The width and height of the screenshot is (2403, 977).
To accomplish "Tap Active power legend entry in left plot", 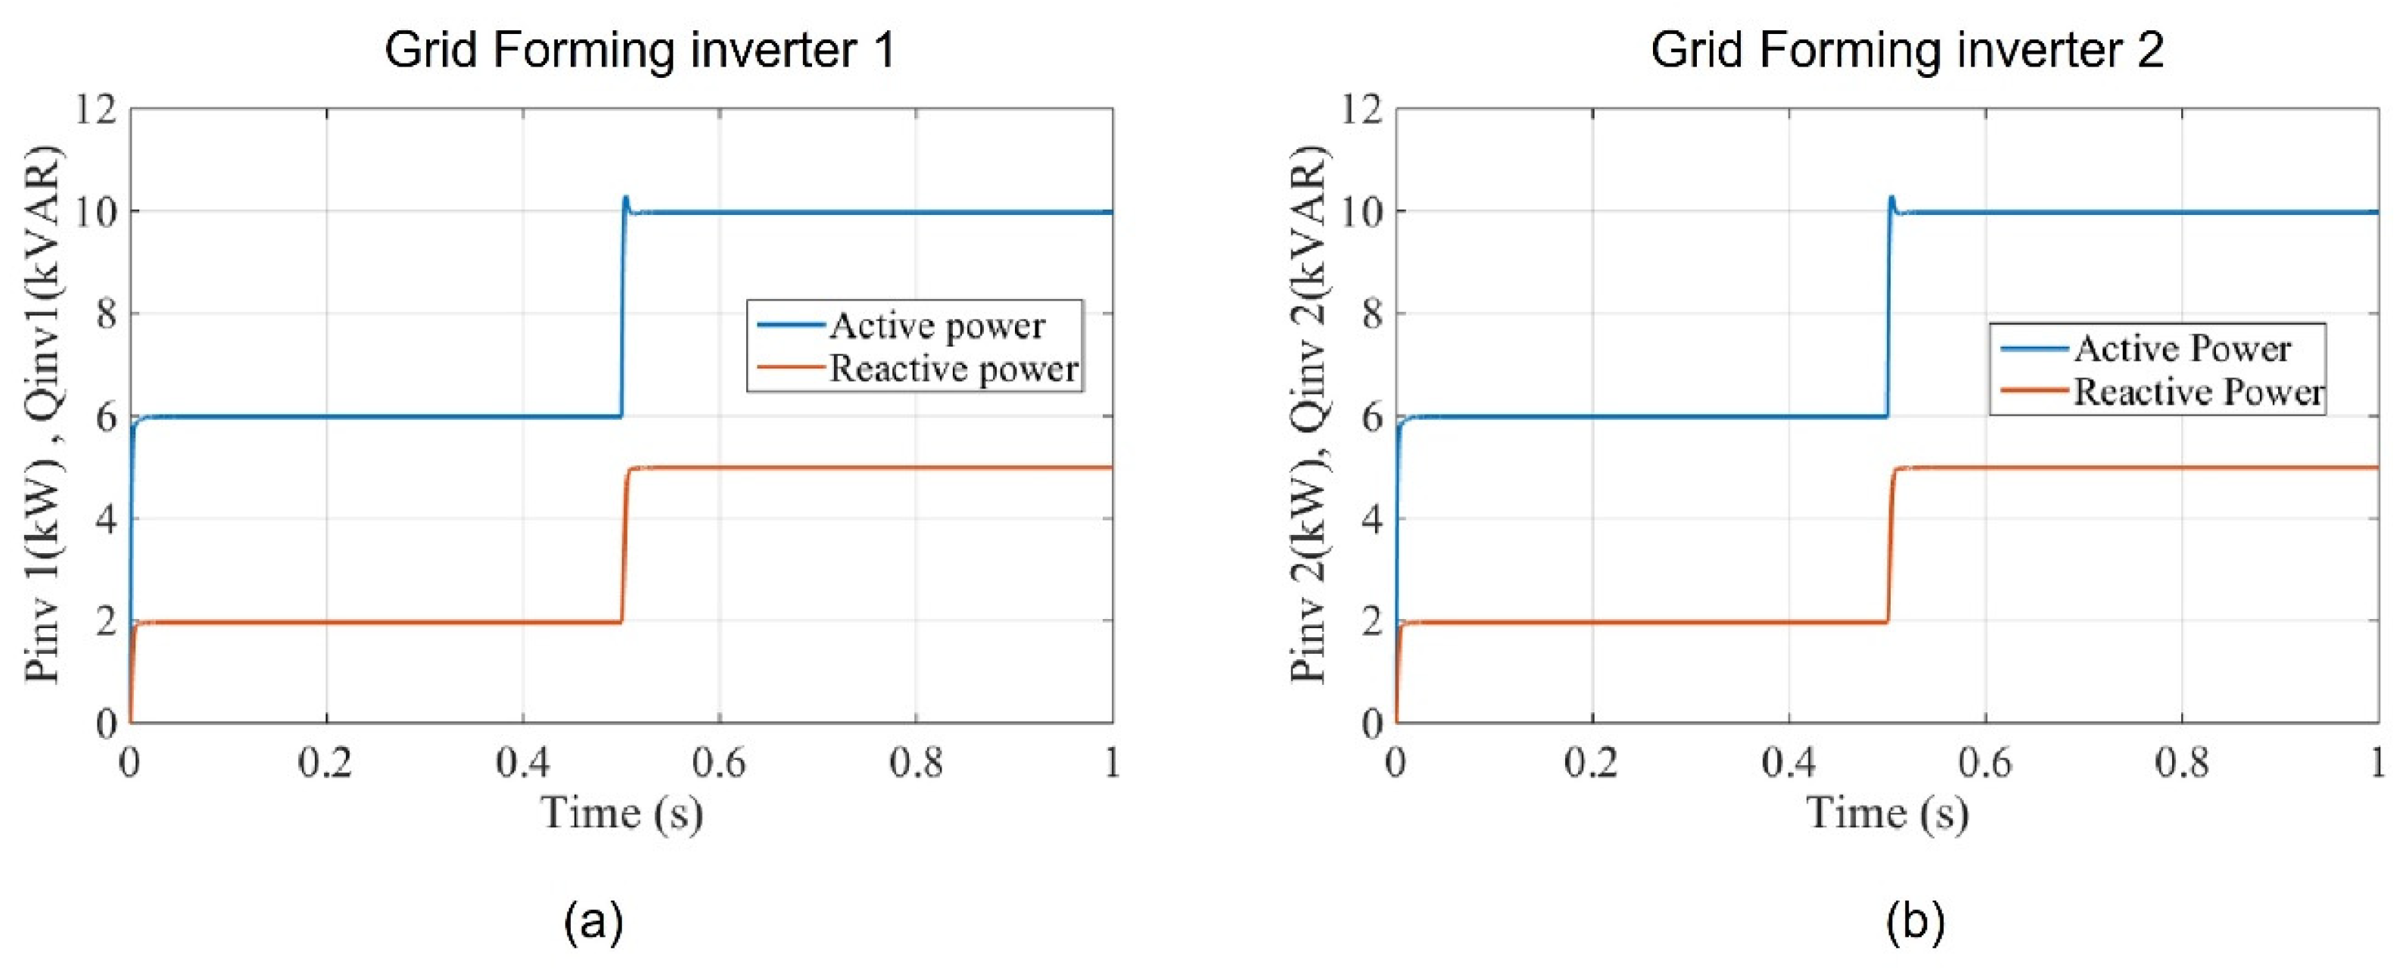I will pyautogui.click(x=936, y=325).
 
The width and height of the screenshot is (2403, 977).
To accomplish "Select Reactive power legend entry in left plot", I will pyautogui.click(x=954, y=369).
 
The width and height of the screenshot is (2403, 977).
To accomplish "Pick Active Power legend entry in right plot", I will pyautogui.click(x=2182, y=349).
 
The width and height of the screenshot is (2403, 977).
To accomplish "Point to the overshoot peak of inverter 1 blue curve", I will pyautogui.click(x=626, y=198).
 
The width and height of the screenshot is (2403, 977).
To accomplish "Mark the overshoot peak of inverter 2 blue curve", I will pyautogui.click(x=1892, y=198).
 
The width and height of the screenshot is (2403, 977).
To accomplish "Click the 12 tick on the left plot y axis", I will pyautogui.click(x=96, y=110).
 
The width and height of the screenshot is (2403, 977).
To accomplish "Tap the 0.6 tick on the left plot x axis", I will pyautogui.click(x=718, y=764).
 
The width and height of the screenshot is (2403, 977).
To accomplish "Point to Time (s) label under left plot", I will pyautogui.click(x=622, y=813).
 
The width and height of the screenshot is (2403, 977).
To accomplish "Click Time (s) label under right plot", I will pyautogui.click(x=1888, y=813).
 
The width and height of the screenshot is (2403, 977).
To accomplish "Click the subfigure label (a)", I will pyautogui.click(x=593, y=922).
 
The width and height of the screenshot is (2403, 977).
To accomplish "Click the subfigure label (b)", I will pyautogui.click(x=1915, y=922).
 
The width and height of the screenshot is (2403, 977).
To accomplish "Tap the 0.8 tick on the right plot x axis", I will pyautogui.click(x=2182, y=764).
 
